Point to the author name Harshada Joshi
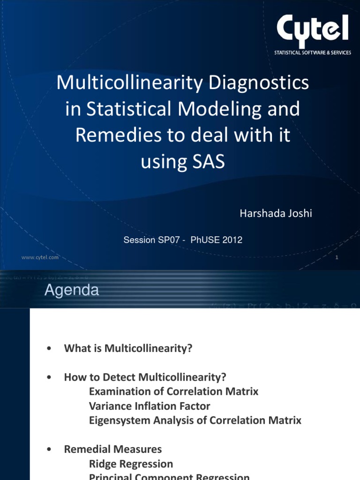click(276, 213)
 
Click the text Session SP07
click(150, 240)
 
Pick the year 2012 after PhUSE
click(232, 240)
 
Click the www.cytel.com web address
click(40, 257)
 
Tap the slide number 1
click(337, 258)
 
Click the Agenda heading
click(72, 291)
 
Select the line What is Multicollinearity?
click(128, 348)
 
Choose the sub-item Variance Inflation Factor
click(150, 406)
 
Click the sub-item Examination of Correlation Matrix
click(173, 391)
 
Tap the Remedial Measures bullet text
click(112, 450)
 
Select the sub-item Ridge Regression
click(131, 464)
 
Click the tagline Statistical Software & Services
click(312, 53)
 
